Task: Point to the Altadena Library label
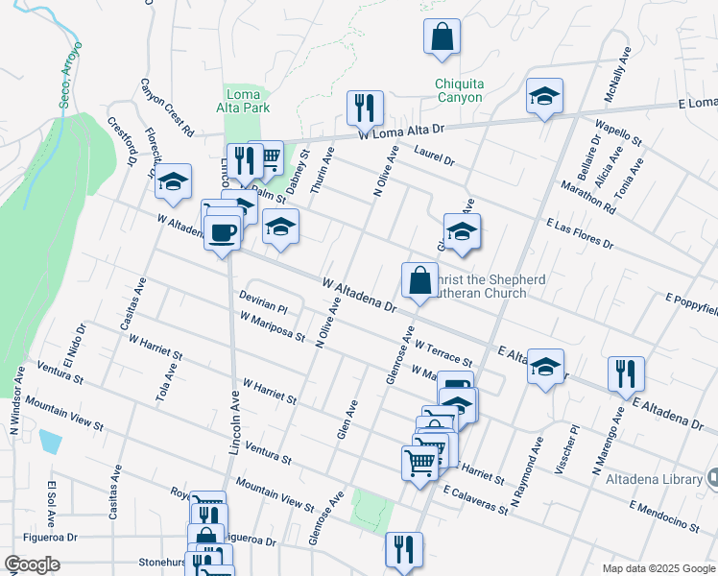point(663,478)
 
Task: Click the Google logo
point(33,564)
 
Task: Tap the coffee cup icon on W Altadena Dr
point(222,232)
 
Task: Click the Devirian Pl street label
point(264,303)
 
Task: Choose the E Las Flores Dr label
point(580,232)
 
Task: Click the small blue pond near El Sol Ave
point(50,443)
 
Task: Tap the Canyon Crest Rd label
point(168,107)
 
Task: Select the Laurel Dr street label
point(434,156)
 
